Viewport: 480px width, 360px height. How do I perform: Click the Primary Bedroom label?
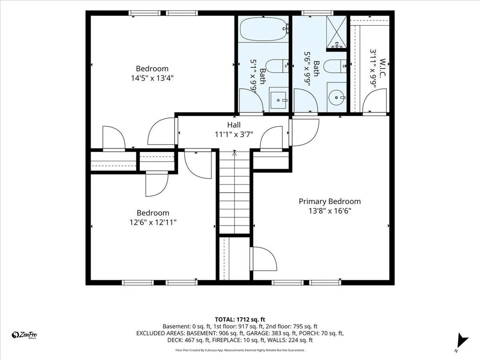[330, 201]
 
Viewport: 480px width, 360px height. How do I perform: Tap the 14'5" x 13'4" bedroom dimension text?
[152, 78]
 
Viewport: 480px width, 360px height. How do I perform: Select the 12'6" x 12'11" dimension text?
[153, 222]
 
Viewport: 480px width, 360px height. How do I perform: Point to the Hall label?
[234, 125]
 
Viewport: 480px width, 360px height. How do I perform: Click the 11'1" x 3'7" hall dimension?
[234, 134]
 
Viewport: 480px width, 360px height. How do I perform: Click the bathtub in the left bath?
[263, 30]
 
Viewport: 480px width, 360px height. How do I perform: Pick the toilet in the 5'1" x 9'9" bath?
[277, 66]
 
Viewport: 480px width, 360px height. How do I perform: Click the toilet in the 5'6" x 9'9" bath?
[334, 66]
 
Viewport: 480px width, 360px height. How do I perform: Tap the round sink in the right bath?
[337, 97]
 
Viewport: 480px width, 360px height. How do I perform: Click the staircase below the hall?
[234, 192]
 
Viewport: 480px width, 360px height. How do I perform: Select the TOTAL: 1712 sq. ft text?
[240, 320]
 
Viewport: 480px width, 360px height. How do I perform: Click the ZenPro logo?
[24, 335]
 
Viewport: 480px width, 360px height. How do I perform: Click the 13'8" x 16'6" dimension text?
[330, 211]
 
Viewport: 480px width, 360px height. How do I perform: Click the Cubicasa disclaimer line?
[240, 350]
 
